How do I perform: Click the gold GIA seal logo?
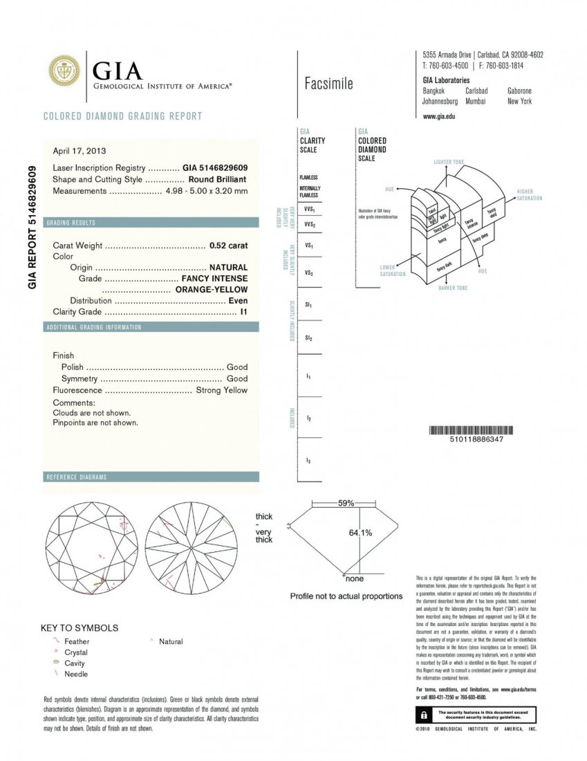click(x=63, y=72)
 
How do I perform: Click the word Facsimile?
click(x=328, y=84)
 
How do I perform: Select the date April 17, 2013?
click(x=80, y=151)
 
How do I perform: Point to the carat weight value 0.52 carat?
click(x=228, y=246)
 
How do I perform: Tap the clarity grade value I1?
click(x=243, y=312)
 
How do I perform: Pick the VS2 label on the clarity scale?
click(x=309, y=273)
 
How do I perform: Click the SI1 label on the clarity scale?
click(x=308, y=304)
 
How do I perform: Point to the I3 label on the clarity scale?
click(x=308, y=460)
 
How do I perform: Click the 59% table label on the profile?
click(x=346, y=503)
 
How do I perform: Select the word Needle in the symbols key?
click(x=76, y=674)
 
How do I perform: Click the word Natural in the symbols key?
click(x=171, y=641)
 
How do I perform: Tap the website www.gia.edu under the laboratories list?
click(x=438, y=116)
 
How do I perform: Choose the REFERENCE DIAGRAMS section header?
click(x=76, y=477)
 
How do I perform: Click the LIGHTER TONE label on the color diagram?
click(x=449, y=162)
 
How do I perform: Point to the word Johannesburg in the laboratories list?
click(x=440, y=101)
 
